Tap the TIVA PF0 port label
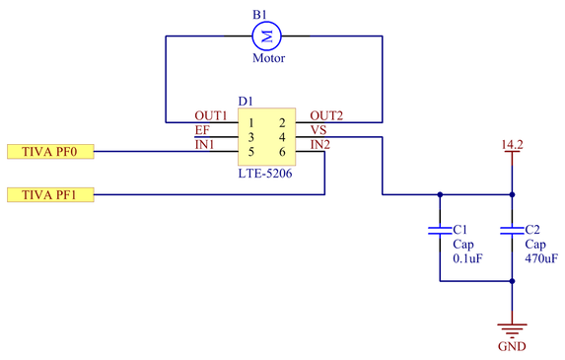pos(50,151)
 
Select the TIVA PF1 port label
pos(50,194)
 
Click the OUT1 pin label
pos(211,115)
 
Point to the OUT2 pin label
pos(326,115)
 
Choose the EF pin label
pos(202,130)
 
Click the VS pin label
pos(318,130)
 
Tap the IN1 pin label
pos(205,145)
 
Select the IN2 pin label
pos(320,145)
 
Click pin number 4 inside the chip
pos(282,137)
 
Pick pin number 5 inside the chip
pos(251,152)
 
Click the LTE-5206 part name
pos(265,174)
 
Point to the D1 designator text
pos(246,102)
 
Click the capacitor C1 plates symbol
pos(440,231)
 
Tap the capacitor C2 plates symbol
pos(512,231)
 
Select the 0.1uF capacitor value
pos(467,258)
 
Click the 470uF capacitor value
pos(541,258)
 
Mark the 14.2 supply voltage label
pos(512,145)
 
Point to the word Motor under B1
pos(269,58)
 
